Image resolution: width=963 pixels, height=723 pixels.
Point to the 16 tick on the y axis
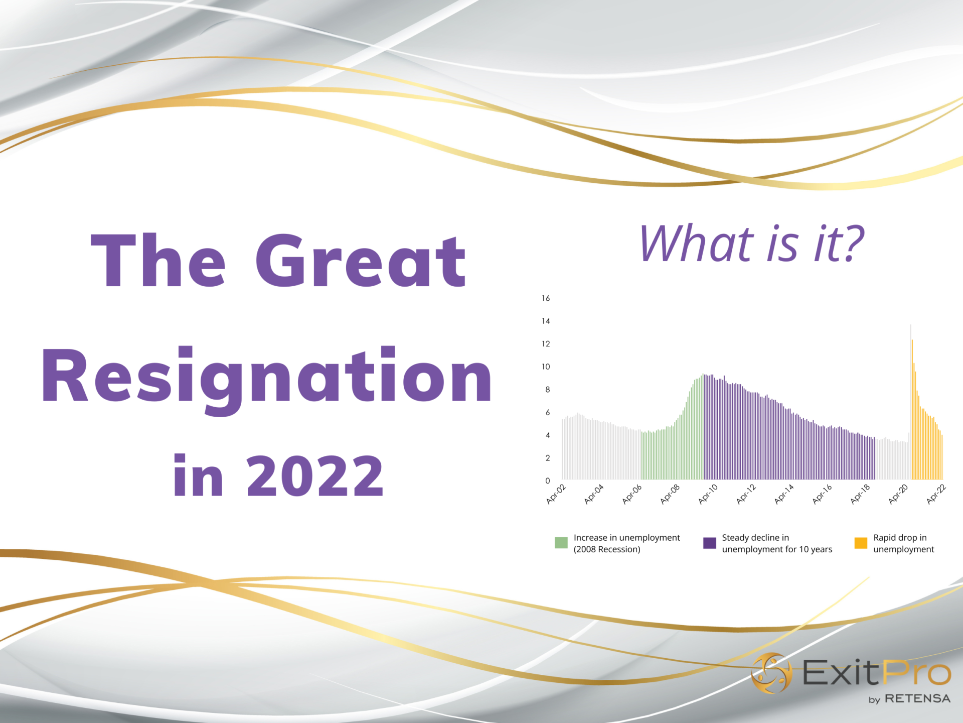pos(546,298)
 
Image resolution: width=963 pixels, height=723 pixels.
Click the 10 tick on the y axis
pos(546,367)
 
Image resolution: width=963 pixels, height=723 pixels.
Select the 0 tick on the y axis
pos(547,480)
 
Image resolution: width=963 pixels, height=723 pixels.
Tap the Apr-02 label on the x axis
pos(556,494)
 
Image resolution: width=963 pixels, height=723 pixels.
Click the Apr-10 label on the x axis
pos(708,494)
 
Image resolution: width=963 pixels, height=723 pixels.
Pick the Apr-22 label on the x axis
pos(936,494)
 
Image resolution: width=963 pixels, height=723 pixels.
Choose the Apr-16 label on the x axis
pos(822,494)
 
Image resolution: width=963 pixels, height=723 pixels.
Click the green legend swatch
pos(561,543)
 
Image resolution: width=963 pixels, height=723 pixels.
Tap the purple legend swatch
pos(709,543)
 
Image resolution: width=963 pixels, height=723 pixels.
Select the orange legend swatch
pos(861,543)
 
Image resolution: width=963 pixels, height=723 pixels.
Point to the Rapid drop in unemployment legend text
pos(903,543)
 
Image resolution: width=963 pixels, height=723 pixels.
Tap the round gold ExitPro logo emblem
pos(771,673)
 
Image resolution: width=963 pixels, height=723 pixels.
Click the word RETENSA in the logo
pos(917,698)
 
